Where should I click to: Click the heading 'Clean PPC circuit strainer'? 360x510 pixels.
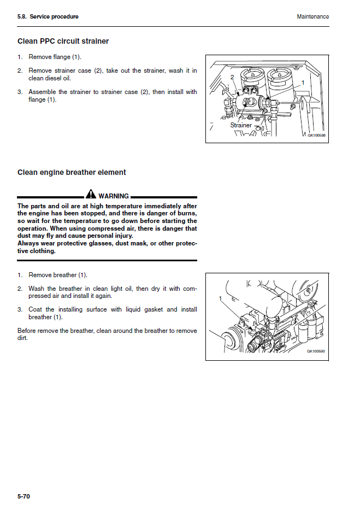pyautogui.click(x=63, y=41)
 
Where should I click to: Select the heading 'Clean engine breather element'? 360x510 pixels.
pyautogui.click(x=72, y=172)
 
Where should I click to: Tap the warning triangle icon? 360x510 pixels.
pyautogui.click(x=91, y=195)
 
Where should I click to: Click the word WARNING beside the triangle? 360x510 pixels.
pyautogui.click(x=114, y=196)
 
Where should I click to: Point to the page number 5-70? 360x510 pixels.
pyautogui.click(x=24, y=496)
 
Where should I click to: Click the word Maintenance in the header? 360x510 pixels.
pyautogui.click(x=312, y=16)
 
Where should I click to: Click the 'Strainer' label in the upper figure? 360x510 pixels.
pyautogui.click(x=241, y=125)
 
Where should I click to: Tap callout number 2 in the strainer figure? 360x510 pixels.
pyautogui.click(x=232, y=77)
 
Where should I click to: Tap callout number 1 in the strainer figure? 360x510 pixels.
pyautogui.click(x=303, y=83)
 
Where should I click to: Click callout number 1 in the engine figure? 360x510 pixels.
pyautogui.click(x=220, y=299)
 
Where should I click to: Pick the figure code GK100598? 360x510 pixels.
pyautogui.click(x=316, y=135)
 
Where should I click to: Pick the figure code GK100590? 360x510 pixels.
pyautogui.click(x=316, y=351)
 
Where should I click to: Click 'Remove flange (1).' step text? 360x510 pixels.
pyautogui.click(x=55, y=57)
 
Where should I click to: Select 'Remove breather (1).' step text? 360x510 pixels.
pyautogui.click(x=57, y=275)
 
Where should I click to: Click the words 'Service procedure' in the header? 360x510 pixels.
pyautogui.click(x=54, y=16)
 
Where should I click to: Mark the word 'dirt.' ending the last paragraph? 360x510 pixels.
pyautogui.click(x=22, y=338)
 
